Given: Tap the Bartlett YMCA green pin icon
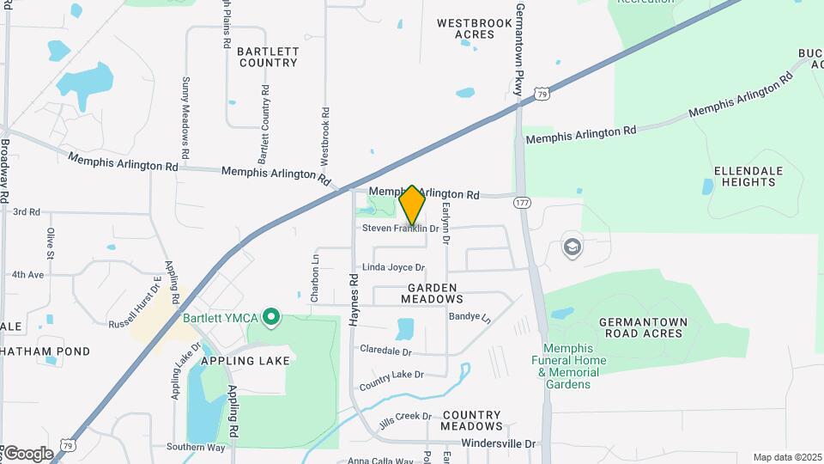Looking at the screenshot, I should [x=272, y=318].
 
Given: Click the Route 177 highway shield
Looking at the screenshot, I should [x=521, y=203].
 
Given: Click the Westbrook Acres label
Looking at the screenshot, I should [x=466, y=28].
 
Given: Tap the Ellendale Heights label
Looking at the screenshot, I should [x=748, y=176].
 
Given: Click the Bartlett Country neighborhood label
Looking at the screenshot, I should [x=269, y=57].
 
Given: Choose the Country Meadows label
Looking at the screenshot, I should [x=471, y=420].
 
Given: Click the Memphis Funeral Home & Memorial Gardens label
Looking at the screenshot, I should [x=568, y=366].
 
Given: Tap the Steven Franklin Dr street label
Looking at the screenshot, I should [x=400, y=229].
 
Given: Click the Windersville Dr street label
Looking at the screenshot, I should [x=498, y=443].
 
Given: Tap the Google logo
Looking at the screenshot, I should [x=27, y=453].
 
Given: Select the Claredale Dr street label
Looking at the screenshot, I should [x=385, y=351].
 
